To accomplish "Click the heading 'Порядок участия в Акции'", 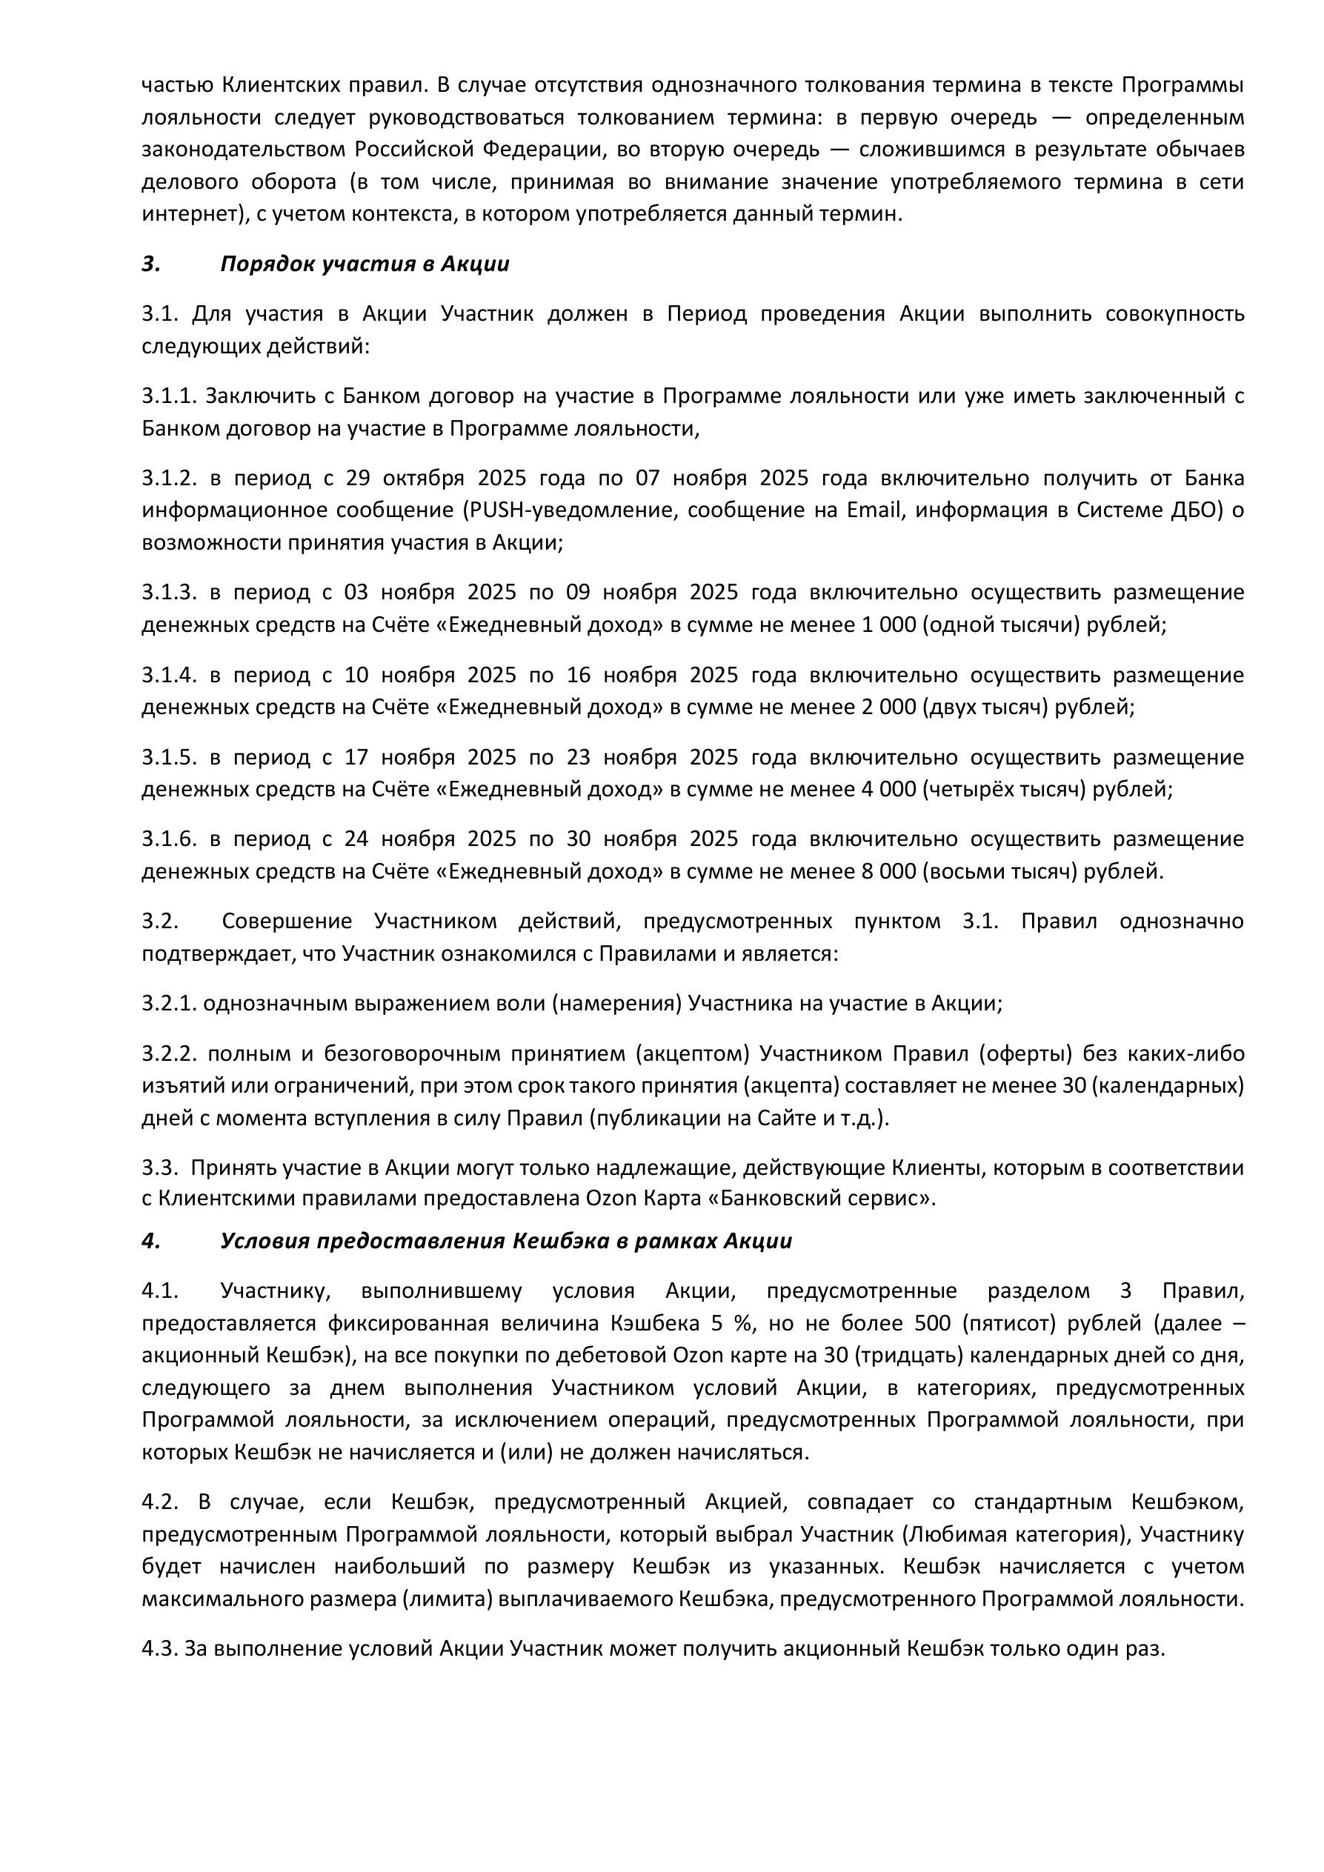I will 365,264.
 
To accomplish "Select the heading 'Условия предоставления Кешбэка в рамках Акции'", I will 505,1241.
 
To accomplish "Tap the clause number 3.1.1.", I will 170,396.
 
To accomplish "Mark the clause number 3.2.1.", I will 170,1004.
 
